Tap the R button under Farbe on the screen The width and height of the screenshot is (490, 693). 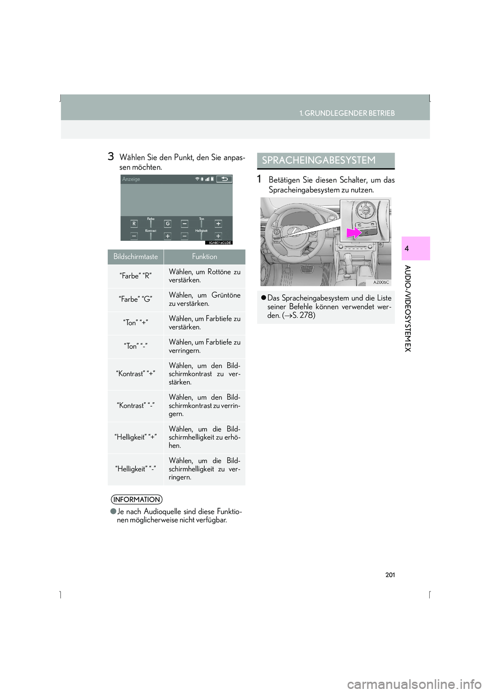coord(134,224)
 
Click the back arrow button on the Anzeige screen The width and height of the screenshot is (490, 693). coord(224,179)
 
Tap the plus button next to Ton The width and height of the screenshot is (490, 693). coord(218,224)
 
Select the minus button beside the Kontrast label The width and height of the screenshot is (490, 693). coord(134,236)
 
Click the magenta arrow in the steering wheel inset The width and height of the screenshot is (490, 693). coord(354,233)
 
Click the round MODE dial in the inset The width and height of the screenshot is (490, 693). coord(365,210)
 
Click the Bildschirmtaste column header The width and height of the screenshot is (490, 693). coord(136,257)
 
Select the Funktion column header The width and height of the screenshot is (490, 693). coord(204,257)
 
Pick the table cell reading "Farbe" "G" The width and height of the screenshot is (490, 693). coord(135,300)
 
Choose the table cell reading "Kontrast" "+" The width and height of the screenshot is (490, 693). coord(135,374)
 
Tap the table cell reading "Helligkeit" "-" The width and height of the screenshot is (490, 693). coord(135,469)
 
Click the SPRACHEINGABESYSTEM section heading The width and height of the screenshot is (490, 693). coord(319,160)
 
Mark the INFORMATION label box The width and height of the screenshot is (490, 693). coord(137,500)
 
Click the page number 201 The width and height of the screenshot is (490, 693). coord(390,575)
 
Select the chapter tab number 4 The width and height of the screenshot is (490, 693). coord(407,249)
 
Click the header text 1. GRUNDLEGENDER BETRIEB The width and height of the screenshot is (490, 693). coord(347,113)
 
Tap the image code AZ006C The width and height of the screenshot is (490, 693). coord(381,282)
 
